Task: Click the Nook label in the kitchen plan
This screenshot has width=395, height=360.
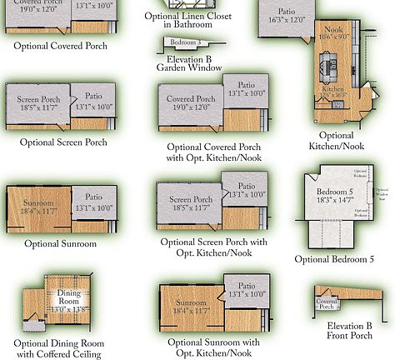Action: click(332, 31)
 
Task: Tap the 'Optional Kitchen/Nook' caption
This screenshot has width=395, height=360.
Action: click(342, 140)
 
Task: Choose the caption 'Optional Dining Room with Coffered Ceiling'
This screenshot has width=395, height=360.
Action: click(58, 348)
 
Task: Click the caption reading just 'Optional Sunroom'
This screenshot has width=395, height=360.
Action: click(60, 244)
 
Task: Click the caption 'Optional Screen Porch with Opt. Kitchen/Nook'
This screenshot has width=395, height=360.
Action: click(213, 246)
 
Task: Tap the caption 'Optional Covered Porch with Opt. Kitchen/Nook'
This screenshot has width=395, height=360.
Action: click(213, 152)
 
